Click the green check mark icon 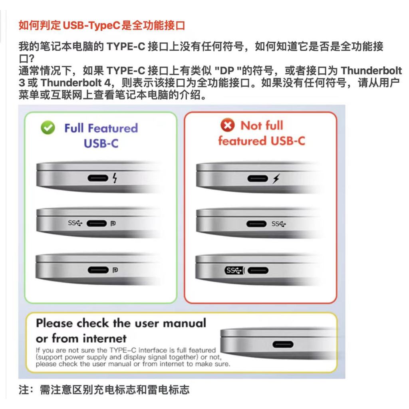pyautogui.click(x=48, y=127)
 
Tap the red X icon pyautogui.click(x=227, y=125)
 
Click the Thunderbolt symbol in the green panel pyautogui.click(x=115, y=178)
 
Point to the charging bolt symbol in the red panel pyautogui.click(x=276, y=179)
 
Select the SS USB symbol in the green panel pyautogui.click(x=75, y=223)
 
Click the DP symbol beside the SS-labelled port pyautogui.click(x=113, y=224)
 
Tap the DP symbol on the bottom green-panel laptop pyautogui.click(x=115, y=270)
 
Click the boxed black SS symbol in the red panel pyautogui.click(x=234, y=270)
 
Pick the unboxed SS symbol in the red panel pyautogui.click(x=278, y=224)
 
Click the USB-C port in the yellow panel pyautogui.click(x=283, y=344)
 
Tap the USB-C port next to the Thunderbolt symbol pyautogui.click(x=98, y=178)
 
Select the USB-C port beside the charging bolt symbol pyautogui.click(x=258, y=179)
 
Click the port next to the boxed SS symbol pyautogui.click(x=258, y=270)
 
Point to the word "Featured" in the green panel pyautogui.click(x=113, y=128)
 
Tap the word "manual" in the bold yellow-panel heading pyautogui.click(x=185, y=324)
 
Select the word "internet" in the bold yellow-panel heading pyautogui.click(x=105, y=339)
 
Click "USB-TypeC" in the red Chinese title pyautogui.click(x=92, y=26)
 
